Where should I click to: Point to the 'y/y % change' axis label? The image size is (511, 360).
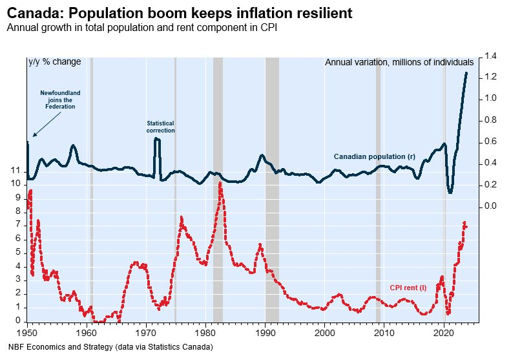pos(55,62)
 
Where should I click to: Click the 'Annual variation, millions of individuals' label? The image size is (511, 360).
pos(399,62)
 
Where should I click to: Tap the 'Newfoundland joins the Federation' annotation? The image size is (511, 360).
pos(60,100)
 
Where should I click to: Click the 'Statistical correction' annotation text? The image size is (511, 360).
pos(160,127)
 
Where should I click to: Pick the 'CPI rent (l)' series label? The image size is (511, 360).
pos(408,287)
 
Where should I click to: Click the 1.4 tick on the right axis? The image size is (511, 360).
pos(490,57)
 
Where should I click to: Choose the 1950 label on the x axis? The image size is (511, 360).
pos(27,332)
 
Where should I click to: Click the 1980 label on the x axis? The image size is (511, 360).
pos(206,332)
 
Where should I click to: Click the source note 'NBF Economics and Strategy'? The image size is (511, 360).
pos(107,347)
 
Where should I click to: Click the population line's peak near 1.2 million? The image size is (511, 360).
pos(466,73)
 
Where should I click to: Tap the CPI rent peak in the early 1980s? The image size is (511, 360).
pos(220,184)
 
